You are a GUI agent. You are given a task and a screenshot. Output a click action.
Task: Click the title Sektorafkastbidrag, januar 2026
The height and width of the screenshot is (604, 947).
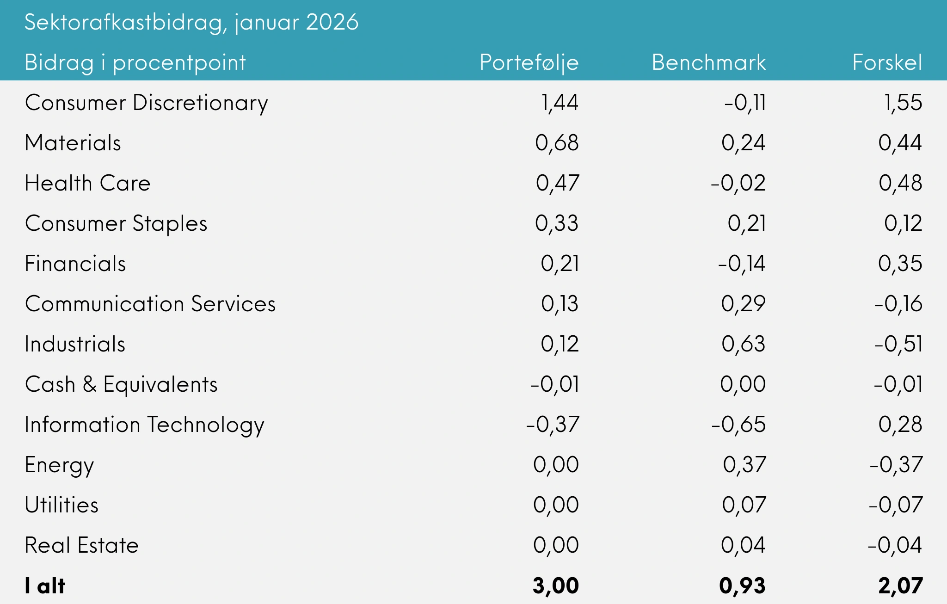191,22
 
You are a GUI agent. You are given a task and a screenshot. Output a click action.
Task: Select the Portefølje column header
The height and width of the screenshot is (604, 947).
529,62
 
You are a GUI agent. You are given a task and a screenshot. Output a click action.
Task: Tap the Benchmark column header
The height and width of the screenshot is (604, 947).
708,62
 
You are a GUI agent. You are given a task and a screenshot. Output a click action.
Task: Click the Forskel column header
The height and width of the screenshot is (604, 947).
887,62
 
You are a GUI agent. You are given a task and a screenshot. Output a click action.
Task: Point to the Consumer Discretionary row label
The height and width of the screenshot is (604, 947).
146,103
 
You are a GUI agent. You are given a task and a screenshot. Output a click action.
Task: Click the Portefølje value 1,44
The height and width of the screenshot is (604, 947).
560,103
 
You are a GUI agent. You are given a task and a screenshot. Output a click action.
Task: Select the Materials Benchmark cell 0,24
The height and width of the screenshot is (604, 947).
743,143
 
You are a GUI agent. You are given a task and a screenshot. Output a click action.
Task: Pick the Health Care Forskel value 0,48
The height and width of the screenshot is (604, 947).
900,183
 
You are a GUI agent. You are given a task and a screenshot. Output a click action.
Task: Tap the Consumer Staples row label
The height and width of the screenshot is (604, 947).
116,223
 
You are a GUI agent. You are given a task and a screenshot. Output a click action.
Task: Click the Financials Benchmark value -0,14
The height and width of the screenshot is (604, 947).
741,264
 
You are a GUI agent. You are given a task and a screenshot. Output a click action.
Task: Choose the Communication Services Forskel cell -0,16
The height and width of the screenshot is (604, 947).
898,304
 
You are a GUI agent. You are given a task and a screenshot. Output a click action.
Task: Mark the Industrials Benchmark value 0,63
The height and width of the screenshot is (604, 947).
743,344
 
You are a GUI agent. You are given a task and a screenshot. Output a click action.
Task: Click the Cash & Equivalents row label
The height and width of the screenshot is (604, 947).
121,384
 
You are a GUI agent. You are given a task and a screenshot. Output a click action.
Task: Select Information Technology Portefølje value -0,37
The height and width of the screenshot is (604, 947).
552,425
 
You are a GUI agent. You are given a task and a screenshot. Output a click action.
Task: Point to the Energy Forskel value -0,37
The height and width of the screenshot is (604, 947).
896,465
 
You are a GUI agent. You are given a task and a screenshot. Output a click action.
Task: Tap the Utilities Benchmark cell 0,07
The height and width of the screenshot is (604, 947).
744,505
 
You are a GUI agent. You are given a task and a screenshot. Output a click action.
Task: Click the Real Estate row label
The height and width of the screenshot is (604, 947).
81,545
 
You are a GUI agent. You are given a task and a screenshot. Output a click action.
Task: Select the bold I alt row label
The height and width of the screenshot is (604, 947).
45,586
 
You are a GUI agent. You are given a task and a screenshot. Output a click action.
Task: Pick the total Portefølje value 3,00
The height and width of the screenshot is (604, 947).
555,586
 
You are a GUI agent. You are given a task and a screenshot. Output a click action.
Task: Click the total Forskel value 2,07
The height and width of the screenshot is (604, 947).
900,586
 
